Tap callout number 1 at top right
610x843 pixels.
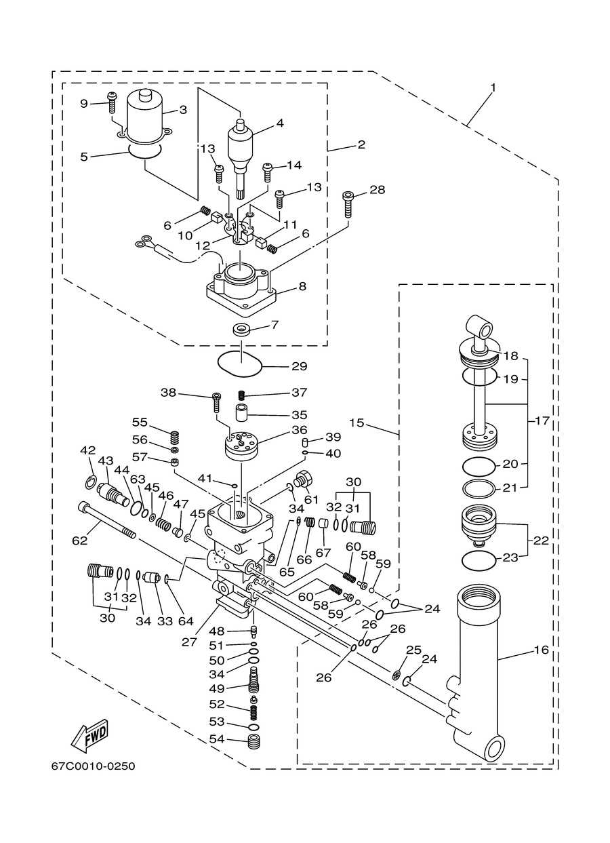[x=493, y=87]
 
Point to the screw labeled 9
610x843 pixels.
[x=112, y=102]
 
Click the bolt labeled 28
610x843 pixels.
[x=348, y=204]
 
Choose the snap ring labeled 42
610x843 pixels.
[x=91, y=482]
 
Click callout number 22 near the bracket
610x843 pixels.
[x=541, y=541]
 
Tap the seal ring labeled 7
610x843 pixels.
[x=240, y=330]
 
